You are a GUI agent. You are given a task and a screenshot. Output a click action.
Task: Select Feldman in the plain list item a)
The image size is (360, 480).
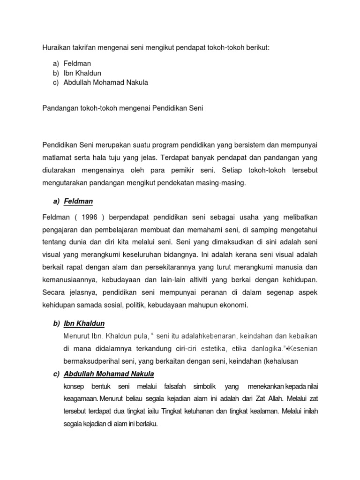click(77, 63)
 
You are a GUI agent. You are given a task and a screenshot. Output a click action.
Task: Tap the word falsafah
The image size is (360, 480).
click(175, 387)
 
